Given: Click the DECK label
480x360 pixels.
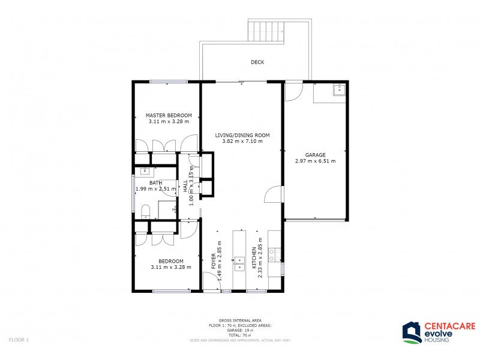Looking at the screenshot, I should tap(257, 62).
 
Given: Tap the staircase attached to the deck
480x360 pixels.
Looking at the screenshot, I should tap(265, 29).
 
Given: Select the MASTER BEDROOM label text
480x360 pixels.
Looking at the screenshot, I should tap(169, 115).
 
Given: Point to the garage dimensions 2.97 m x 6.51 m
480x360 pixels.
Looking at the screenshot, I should tap(315, 161).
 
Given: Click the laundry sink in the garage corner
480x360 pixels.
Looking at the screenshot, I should tap(340, 89).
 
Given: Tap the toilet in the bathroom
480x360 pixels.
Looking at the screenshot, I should tap(145, 211).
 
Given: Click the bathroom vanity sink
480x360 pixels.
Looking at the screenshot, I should tap(145, 172).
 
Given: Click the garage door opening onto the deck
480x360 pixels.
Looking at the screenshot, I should tap(293, 92).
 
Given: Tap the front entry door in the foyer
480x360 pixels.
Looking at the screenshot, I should tap(211, 282).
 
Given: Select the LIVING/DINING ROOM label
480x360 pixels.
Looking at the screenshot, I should tap(242, 136).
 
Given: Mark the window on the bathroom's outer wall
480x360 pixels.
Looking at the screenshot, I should tap(133, 193).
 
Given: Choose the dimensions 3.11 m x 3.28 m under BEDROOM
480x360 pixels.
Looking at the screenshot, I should tap(170, 267).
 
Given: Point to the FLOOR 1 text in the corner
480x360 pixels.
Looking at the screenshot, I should tap(19, 340).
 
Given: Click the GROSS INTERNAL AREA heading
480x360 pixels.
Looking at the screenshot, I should tap(240, 321).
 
